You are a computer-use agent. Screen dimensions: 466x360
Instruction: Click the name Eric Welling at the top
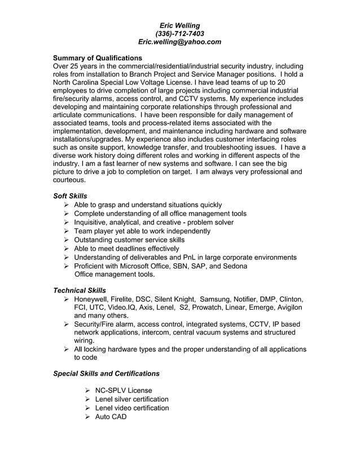(179, 25)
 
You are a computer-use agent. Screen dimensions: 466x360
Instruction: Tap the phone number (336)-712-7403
(179, 33)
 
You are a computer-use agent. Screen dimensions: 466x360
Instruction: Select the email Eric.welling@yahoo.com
(179, 42)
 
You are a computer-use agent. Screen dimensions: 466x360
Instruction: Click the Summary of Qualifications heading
(98, 58)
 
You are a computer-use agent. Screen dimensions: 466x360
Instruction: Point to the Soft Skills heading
(70, 196)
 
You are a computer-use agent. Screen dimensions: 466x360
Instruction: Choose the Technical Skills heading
(79, 290)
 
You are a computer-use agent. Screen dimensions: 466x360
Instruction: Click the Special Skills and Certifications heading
(106, 373)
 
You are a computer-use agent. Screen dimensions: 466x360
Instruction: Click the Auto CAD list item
(111, 417)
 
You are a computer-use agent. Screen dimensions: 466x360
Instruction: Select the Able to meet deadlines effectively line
(126, 249)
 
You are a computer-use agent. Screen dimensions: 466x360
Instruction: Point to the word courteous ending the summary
(69, 180)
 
